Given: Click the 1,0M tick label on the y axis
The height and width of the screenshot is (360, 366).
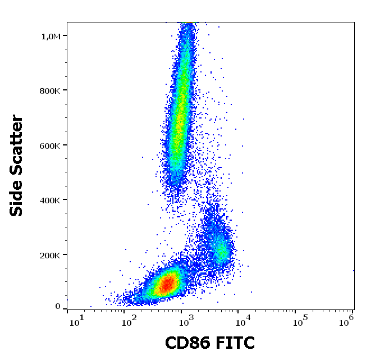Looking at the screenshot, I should pyautogui.click(x=51, y=36).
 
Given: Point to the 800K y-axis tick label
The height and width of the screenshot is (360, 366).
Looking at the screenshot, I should pyautogui.click(x=50, y=90).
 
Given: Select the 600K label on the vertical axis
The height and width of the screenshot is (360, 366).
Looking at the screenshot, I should pyautogui.click(x=50, y=145).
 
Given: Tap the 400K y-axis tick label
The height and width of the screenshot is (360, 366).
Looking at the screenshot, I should pyautogui.click(x=50, y=200).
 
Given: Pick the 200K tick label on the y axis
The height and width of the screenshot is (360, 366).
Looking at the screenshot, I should pyautogui.click(x=50, y=255).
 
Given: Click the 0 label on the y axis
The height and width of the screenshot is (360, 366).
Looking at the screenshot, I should pyautogui.click(x=57, y=307).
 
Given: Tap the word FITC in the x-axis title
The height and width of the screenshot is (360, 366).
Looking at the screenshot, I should pyautogui.click(x=234, y=343).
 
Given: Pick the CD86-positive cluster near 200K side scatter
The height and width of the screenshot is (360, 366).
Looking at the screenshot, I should pyautogui.click(x=220, y=247).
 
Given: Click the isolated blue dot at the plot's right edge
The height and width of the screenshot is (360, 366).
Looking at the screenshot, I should pyautogui.click(x=354, y=270).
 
